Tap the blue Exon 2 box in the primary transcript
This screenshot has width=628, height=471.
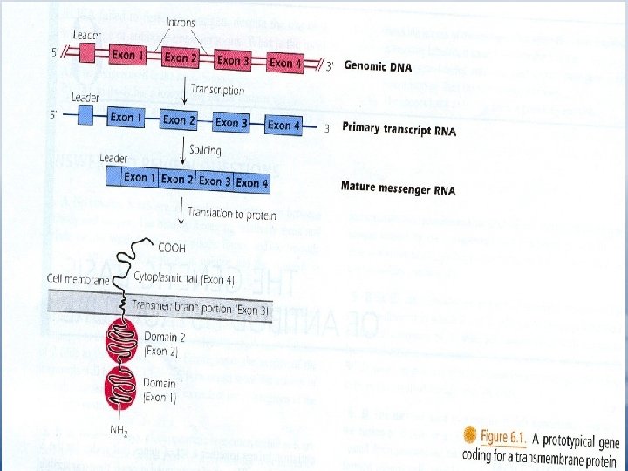pyautogui.click(x=176, y=119)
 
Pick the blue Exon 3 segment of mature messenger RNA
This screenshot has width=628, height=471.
pyautogui.click(x=215, y=181)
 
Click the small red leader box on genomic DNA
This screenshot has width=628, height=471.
pyautogui.click(x=86, y=52)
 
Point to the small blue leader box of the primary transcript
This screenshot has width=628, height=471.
pyautogui.click(x=86, y=114)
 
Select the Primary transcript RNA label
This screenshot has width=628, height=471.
pyautogui.click(x=399, y=130)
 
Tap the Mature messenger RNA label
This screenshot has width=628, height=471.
pyautogui.click(x=398, y=189)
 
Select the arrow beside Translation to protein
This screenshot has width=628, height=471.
pyautogui.click(x=180, y=213)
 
